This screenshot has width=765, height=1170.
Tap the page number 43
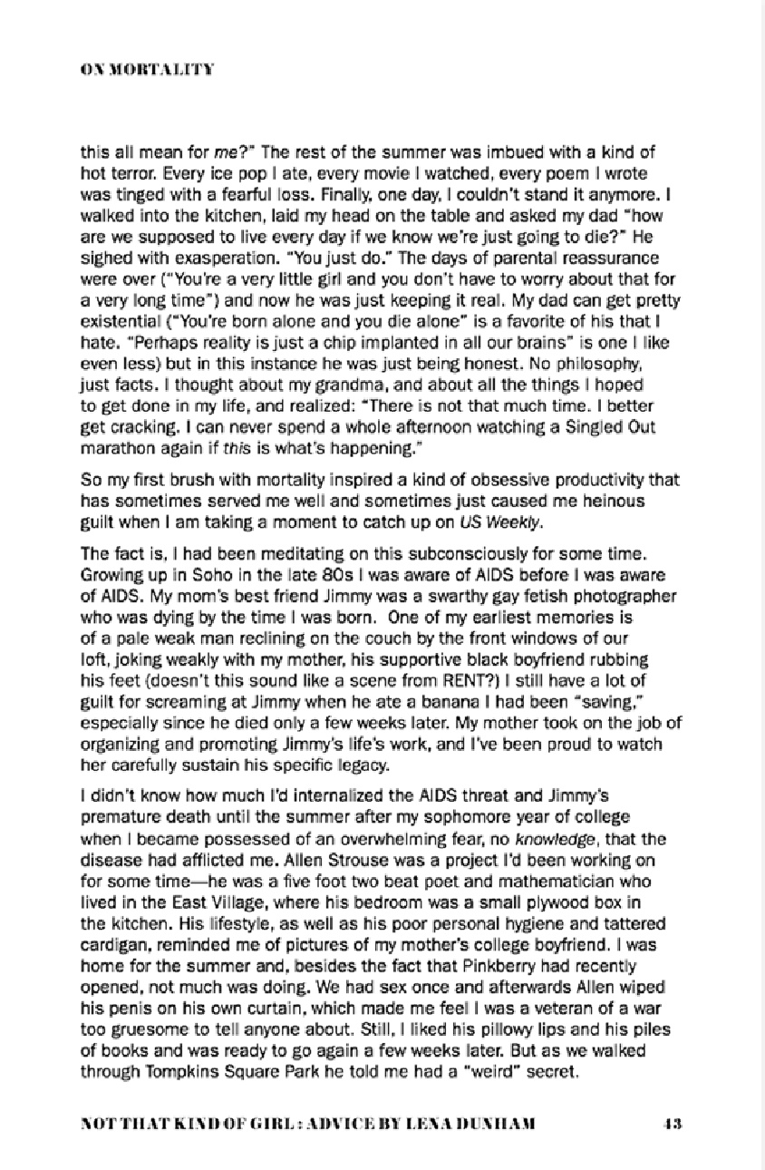coord(672,1122)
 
